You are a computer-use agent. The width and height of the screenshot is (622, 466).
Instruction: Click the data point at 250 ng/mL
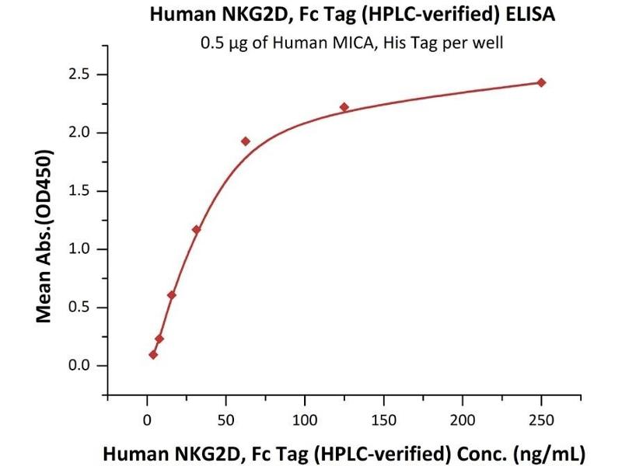[541, 82]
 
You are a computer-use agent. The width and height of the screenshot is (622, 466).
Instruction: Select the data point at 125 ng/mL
[344, 107]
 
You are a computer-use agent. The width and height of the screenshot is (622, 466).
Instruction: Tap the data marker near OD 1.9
[246, 141]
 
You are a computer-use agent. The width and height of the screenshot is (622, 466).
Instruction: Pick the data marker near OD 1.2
[196, 230]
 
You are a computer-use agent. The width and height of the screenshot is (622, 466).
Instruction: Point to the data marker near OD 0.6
[172, 295]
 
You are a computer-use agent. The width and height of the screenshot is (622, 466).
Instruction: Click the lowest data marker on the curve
[153, 355]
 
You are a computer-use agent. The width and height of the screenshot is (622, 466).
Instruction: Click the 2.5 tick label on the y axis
[81, 75]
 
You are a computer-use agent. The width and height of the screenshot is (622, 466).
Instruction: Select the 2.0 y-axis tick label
[81, 133]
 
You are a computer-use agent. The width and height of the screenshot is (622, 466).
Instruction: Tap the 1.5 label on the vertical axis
[81, 191]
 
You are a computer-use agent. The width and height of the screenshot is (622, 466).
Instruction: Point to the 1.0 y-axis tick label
[81, 249]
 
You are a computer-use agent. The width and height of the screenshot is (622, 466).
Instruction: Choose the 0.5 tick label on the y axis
[81, 308]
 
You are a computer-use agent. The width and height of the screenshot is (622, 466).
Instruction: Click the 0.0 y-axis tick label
[81, 366]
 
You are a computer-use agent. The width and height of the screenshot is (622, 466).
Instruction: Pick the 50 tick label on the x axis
[225, 420]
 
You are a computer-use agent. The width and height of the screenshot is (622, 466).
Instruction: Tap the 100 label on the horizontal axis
[305, 420]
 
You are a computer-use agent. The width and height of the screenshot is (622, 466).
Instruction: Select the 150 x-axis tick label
[383, 420]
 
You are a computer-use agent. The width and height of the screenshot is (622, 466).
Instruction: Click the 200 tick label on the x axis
[463, 420]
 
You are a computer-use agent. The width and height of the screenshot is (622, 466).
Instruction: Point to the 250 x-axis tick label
[541, 420]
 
